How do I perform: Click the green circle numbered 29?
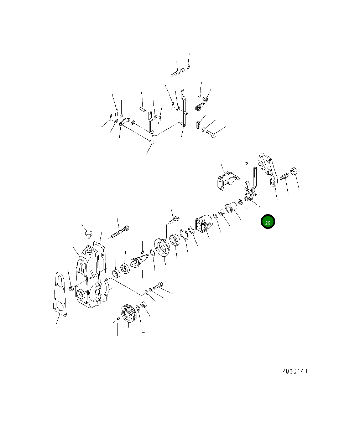coord(268,222)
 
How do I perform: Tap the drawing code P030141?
coord(295,371)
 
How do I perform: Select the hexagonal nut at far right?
coord(294,171)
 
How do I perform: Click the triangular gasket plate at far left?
coord(59,294)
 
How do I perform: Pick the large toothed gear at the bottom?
coord(128,314)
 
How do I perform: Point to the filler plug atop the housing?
coord(89,234)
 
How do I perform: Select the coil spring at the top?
coord(178,73)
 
